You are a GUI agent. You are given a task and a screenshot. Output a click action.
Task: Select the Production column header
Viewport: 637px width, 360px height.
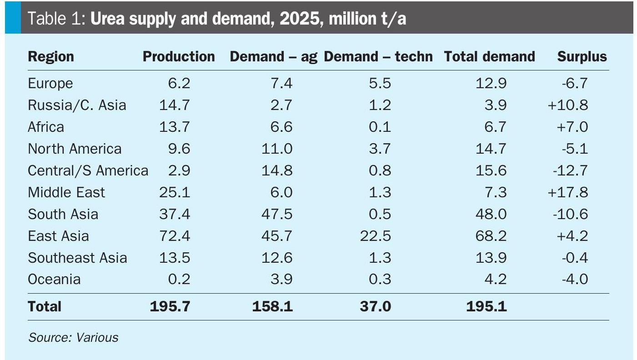pos(179,56)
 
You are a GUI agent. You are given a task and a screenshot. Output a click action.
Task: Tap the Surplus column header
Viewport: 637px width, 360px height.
pos(582,56)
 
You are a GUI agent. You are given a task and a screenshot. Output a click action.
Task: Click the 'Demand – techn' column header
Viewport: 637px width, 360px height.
pos(378,56)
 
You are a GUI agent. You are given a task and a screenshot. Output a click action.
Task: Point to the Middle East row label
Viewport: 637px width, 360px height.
pos(66,192)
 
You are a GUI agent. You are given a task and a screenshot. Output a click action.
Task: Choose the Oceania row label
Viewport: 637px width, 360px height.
pos(54,279)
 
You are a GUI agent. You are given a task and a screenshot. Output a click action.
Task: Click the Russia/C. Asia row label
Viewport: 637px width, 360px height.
pos(77,105)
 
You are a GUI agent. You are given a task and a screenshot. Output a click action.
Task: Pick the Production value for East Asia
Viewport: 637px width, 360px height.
pos(175,236)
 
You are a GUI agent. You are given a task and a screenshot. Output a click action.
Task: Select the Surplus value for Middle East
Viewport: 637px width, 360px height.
pos(568,192)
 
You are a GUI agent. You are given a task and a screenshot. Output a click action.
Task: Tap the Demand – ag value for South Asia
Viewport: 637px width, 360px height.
pos(277,214)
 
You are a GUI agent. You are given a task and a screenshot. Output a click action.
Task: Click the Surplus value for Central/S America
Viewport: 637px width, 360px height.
pos(570,170)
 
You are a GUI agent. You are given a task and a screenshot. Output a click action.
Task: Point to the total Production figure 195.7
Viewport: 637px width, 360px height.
pos(170,306)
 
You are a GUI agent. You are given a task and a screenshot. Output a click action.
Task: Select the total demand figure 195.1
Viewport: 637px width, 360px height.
pos(487,306)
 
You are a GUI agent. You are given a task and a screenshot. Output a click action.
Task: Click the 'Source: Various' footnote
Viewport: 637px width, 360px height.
pos(73,337)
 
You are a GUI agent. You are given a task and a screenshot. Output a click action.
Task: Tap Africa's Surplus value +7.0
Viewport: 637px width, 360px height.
pos(572,127)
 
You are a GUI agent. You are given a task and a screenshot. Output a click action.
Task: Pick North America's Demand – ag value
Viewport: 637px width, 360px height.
pos(277,149)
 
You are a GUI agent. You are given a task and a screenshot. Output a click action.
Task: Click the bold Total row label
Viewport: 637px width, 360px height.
pos(45,306)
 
